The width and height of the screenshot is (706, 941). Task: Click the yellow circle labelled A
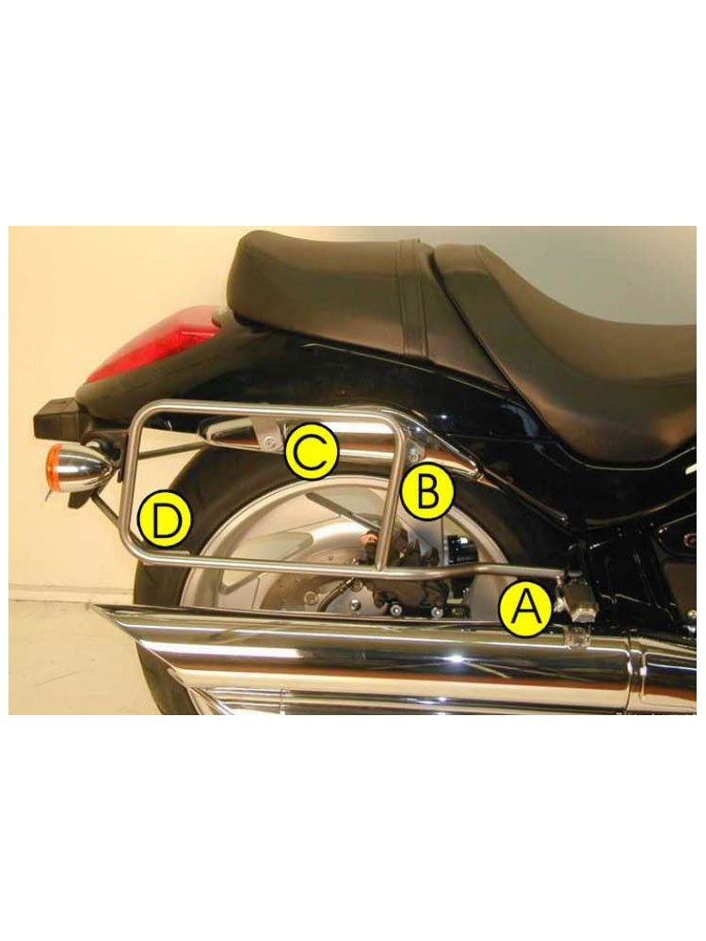coord(525,611)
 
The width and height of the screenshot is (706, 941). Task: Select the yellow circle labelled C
coord(312,452)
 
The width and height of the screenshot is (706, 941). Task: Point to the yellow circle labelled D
coord(164,521)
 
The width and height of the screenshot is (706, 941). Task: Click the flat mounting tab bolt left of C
coord(267,443)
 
